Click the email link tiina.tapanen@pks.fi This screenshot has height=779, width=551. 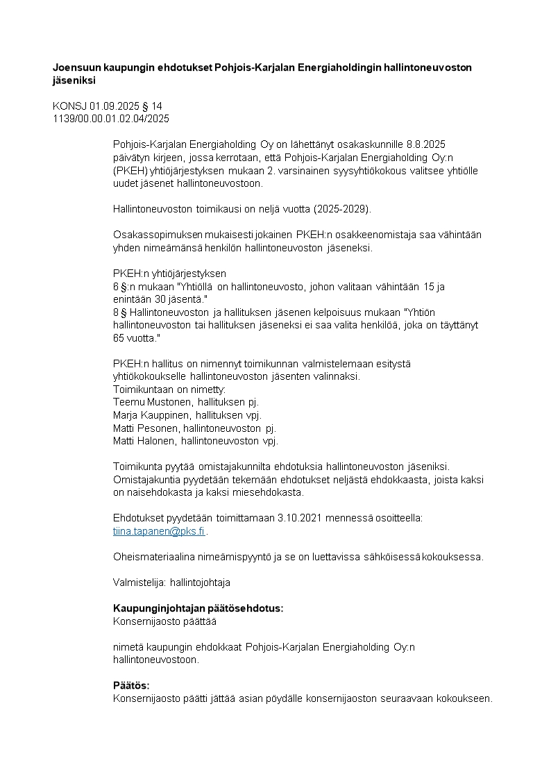pyautogui.click(x=159, y=531)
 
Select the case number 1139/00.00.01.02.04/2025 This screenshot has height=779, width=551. pyautogui.click(x=111, y=119)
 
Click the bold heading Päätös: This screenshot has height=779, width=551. pyautogui.click(x=131, y=685)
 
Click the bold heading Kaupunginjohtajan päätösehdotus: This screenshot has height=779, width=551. pyautogui.click(x=198, y=608)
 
